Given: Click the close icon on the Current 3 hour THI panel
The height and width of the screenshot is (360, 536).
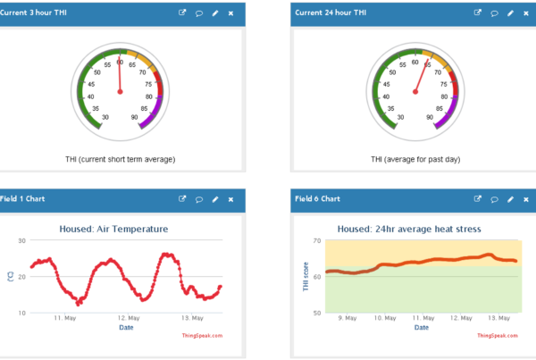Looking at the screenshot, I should [x=230, y=13].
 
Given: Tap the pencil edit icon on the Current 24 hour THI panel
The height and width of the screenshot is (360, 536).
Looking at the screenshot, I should [x=510, y=13].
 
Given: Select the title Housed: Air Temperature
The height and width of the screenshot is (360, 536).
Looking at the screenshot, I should [x=113, y=229].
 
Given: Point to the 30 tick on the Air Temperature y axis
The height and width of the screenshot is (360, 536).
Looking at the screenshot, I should [x=21, y=241].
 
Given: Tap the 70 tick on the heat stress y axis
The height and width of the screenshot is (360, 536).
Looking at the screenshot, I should [x=316, y=241].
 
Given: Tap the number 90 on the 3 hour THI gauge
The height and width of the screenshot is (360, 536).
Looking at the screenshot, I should [x=134, y=117].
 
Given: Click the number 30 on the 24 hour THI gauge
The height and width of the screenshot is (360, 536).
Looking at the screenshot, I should [x=401, y=117].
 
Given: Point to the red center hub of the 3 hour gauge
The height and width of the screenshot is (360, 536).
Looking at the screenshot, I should [x=120, y=91].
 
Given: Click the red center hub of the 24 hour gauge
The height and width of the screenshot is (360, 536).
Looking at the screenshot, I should [x=415, y=91].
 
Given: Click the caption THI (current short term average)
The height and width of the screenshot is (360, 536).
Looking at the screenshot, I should [x=121, y=159].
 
